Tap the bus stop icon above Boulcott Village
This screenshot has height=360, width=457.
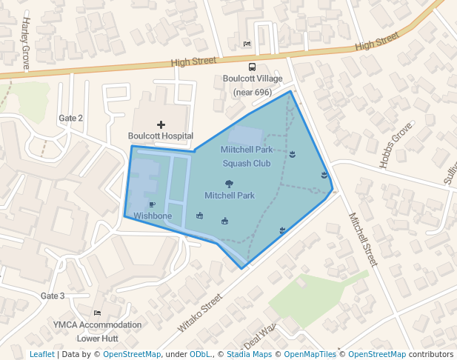pos(253,67)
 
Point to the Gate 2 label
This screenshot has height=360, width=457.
pos(71,119)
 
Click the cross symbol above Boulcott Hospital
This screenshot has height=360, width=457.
pos(161,124)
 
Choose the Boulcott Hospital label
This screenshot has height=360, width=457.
pos(161,136)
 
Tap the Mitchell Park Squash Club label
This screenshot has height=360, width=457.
pos(247,156)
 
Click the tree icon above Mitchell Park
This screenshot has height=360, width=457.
pos(229,184)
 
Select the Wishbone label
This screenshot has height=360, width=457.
pos(153,216)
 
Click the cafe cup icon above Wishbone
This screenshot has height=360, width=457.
pos(152,204)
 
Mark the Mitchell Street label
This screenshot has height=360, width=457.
pos(363,239)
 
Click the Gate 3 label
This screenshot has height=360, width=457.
pos(53,296)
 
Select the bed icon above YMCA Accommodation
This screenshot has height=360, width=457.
pos(98,313)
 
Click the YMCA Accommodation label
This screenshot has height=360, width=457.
pos(98,325)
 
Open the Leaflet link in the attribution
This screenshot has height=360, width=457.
pos(41,355)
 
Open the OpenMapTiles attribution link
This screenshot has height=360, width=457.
pos(310,355)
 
